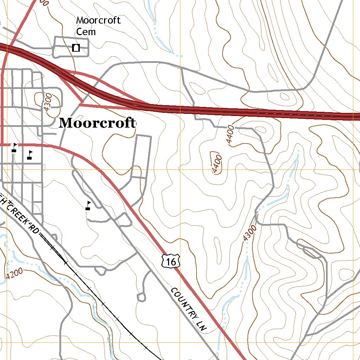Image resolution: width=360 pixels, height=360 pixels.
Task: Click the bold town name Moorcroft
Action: coord(97,123)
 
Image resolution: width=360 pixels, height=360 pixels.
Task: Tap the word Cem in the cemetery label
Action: coord(86,32)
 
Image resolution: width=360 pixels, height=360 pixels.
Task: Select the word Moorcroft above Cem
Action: coord(98,20)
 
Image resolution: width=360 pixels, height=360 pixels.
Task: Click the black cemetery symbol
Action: coord(76,47)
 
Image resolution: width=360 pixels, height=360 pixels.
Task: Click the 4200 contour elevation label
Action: coord(14,273)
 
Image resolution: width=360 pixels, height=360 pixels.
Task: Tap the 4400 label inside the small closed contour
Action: coord(217,163)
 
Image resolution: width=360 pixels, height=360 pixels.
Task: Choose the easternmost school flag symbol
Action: coord(88,205)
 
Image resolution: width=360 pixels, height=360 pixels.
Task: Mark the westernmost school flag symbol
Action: coord(14,147)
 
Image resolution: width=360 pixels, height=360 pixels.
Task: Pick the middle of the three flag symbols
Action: coord(30,155)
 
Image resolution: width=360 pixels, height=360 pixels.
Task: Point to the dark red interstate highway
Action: coord(246,112)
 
